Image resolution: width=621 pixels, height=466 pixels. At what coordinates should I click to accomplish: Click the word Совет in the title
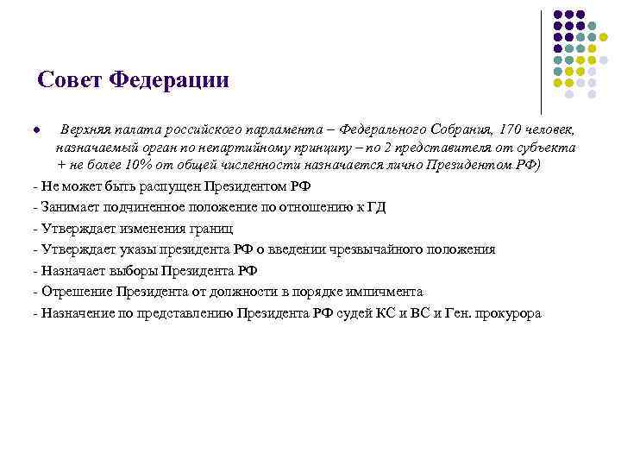(x=71, y=80)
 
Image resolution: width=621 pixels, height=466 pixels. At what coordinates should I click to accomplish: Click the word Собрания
(x=457, y=130)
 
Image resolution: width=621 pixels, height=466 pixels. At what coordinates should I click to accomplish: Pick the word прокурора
(x=509, y=313)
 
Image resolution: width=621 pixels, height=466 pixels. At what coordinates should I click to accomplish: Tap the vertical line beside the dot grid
(x=542, y=60)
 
